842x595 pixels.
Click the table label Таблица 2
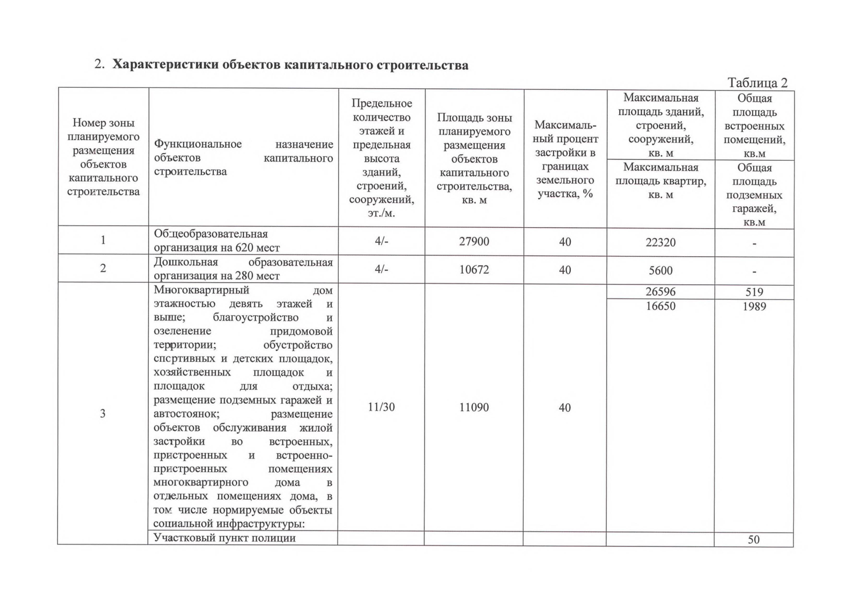(x=757, y=83)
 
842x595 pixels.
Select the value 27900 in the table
(x=474, y=241)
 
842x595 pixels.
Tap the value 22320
(x=661, y=242)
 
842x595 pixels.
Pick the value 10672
(x=474, y=270)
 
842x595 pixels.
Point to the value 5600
(x=661, y=271)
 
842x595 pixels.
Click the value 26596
(x=661, y=292)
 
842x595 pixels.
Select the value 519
(x=754, y=292)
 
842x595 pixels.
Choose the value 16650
(x=661, y=306)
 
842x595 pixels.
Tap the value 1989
(x=754, y=306)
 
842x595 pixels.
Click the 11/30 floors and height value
(x=381, y=407)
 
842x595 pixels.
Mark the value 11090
(x=474, y=408)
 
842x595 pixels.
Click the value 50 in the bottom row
(x=753, y=540)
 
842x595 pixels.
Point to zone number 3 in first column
(x=103, y=414)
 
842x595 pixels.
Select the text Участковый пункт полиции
(x=224, y=538)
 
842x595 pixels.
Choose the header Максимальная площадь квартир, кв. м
(x=661, y=181)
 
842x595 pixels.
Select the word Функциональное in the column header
(x=197, y=144)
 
